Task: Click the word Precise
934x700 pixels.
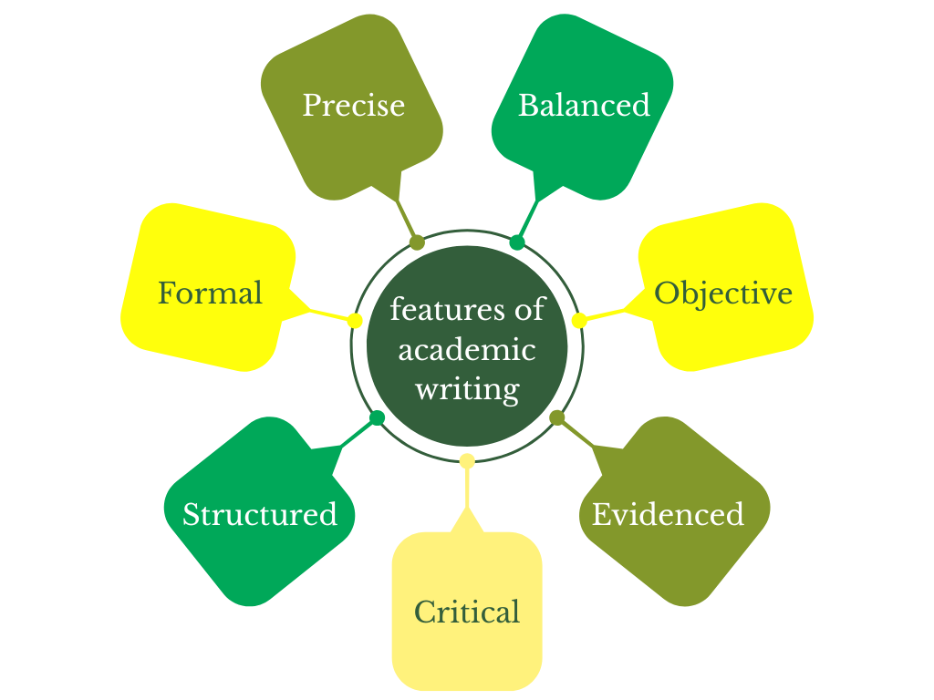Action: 353,106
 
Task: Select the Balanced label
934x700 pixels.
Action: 584,106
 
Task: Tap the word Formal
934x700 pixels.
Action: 210,293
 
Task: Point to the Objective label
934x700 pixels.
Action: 723,293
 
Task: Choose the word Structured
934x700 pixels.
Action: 260,515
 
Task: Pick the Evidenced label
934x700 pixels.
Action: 668,515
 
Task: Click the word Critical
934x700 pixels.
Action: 467,612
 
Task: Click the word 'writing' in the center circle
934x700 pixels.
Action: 467,389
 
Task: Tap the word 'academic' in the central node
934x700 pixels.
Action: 467,350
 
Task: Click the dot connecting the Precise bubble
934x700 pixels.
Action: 417,242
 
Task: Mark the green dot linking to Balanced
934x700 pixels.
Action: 517,242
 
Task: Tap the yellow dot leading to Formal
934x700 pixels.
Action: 355,321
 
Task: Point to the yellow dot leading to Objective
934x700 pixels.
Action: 579,321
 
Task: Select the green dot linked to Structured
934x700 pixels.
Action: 377,418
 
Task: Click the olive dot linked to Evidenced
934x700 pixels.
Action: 557,417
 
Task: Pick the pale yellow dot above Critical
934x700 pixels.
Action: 467,461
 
